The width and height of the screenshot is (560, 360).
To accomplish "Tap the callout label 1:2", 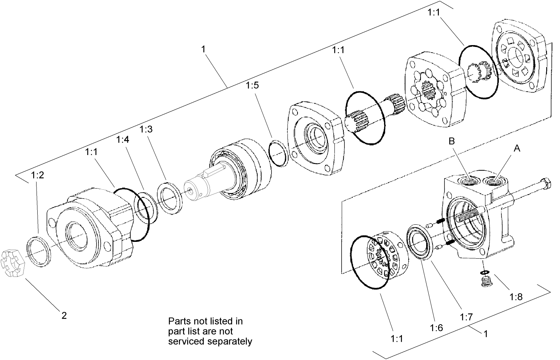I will pos(38,175).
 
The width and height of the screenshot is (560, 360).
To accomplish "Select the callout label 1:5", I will pos(252,85).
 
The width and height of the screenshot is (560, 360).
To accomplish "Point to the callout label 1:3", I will pos(146,129).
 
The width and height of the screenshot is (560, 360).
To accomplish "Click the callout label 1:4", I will pos(123,139).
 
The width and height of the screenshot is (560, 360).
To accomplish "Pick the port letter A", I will pos(517,148).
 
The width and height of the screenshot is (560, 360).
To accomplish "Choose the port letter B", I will pos(452,141).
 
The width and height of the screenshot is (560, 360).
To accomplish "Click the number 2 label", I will pos(64,316).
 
